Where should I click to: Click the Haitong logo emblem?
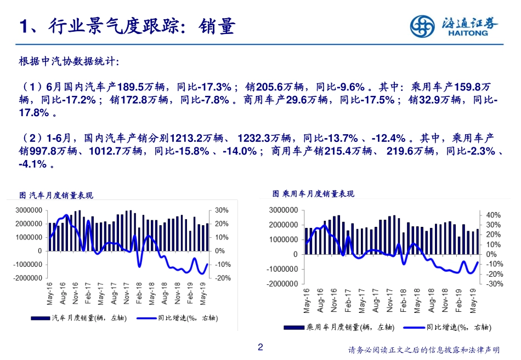(423, 26)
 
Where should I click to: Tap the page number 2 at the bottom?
(260, 347)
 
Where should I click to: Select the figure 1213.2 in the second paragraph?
(188, 137)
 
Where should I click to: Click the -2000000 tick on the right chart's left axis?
(282, 284)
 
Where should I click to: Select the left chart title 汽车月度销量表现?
(56, 195)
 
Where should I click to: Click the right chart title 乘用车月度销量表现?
(313, 194)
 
